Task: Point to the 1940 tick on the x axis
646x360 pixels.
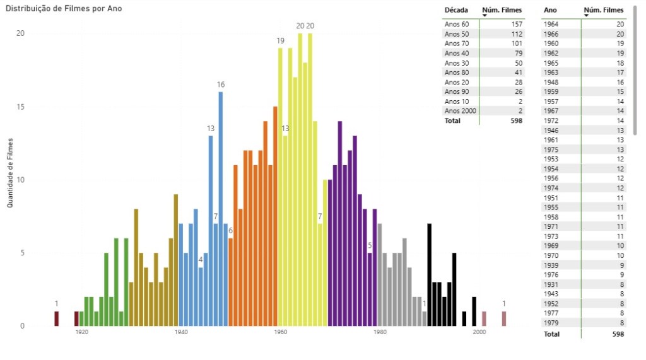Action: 180,332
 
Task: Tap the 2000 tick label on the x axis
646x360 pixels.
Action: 479,332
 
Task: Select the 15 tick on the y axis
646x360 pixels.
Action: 21,107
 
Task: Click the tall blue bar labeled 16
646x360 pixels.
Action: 221,208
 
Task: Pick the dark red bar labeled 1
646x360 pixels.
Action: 57,318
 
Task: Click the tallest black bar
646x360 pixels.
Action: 430,274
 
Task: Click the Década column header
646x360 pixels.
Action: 455,10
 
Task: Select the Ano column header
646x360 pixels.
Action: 550,10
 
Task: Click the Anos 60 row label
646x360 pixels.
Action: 457,24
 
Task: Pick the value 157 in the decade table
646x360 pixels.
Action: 517,24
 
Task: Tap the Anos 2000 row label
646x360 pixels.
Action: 461,111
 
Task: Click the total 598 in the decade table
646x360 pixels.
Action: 517,120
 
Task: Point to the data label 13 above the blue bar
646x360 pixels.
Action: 211,129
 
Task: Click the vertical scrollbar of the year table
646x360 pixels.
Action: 635,69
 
